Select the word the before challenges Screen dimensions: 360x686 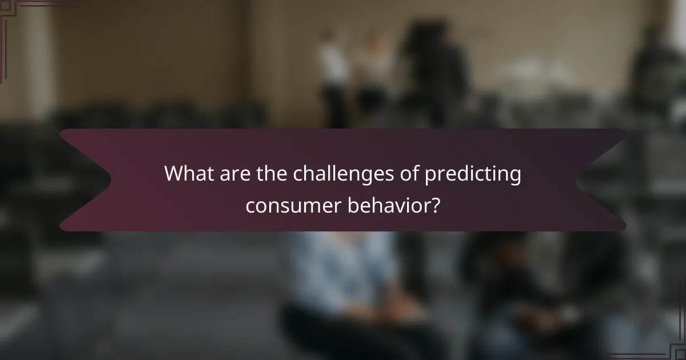coord(270,174)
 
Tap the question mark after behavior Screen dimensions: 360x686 coord(435,205)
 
